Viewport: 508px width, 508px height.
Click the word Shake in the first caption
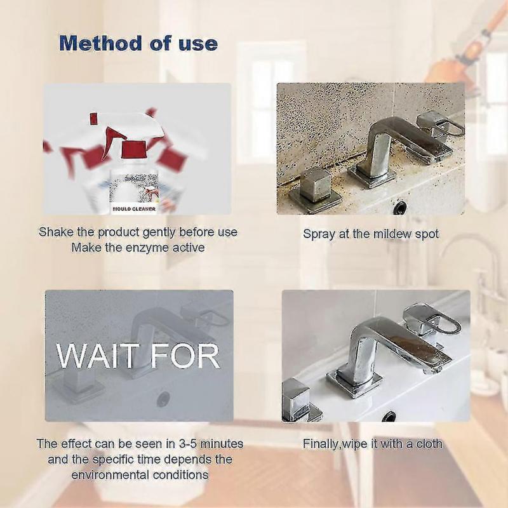(x=55, y=232)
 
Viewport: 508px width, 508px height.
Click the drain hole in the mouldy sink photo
(x=400, y=206)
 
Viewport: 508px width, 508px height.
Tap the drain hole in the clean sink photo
(x=389, y=417)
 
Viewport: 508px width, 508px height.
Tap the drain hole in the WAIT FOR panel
(x=163, y=399)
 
